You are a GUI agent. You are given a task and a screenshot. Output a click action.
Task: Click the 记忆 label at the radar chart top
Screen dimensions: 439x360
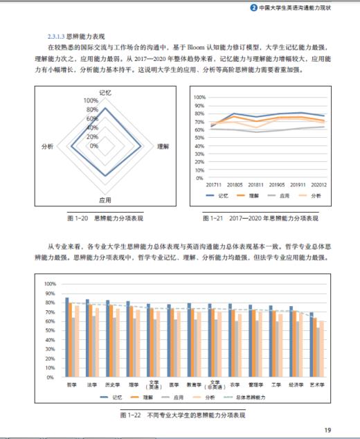[105, 92]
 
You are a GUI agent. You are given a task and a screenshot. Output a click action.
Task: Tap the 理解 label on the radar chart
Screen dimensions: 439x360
[163, 147]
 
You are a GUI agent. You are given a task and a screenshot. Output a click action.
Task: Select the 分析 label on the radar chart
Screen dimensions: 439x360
[48, 147]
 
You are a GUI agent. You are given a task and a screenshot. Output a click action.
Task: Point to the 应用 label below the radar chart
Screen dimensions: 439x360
[105, 201]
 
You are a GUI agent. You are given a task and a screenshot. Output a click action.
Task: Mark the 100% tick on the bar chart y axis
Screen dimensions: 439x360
[50, 285]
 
